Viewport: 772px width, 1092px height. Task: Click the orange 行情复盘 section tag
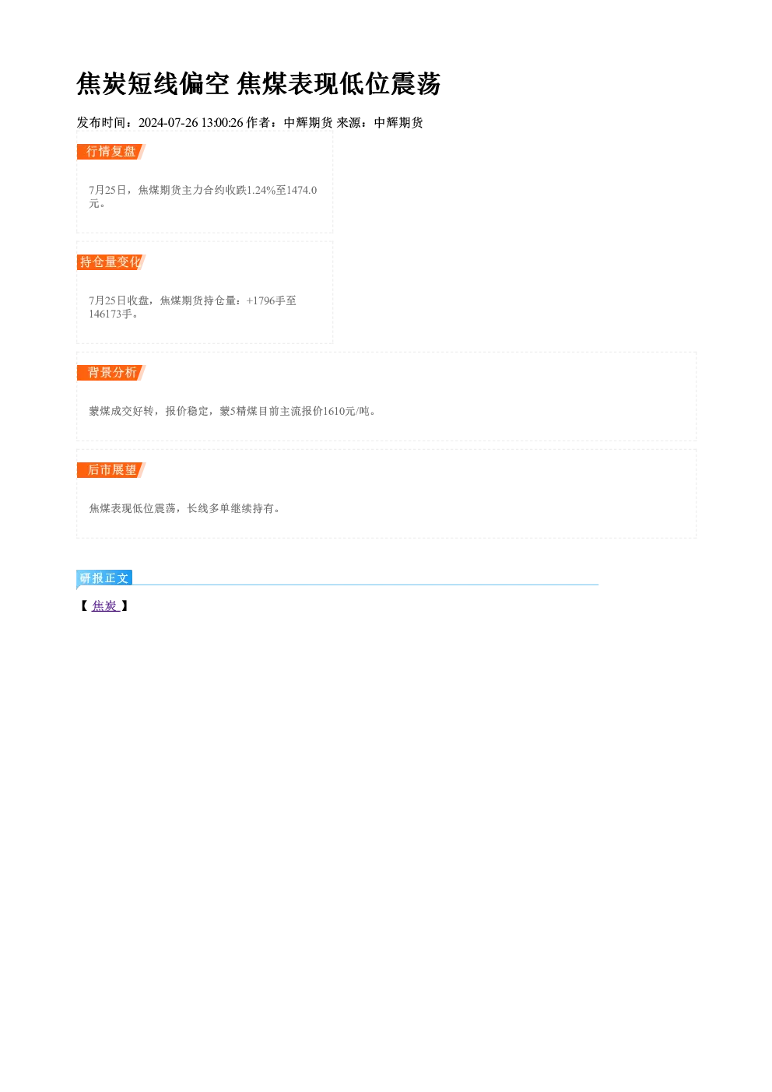[111, 152]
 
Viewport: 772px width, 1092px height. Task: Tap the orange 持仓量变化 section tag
[111, 262]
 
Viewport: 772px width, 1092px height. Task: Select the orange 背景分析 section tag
[111, 373]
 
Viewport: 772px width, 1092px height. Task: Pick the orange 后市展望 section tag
[111, 470]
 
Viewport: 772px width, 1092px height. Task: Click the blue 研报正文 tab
[104, 578]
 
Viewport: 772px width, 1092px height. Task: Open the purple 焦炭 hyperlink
[105, 606]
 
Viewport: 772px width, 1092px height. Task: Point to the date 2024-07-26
[168, 122]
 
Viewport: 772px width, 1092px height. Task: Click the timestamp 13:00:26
[223, 122]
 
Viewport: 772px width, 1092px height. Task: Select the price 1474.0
[301, 190]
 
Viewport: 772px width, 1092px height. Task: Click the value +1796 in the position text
[261, 300]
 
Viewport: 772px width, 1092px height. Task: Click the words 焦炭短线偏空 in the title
[153, 83]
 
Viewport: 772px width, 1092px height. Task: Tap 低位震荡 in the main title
[390, 83]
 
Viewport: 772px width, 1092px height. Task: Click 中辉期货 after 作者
[308, 122]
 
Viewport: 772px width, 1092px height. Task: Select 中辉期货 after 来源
[398, 122]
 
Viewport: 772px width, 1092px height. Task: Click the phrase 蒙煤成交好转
[121, 412]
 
